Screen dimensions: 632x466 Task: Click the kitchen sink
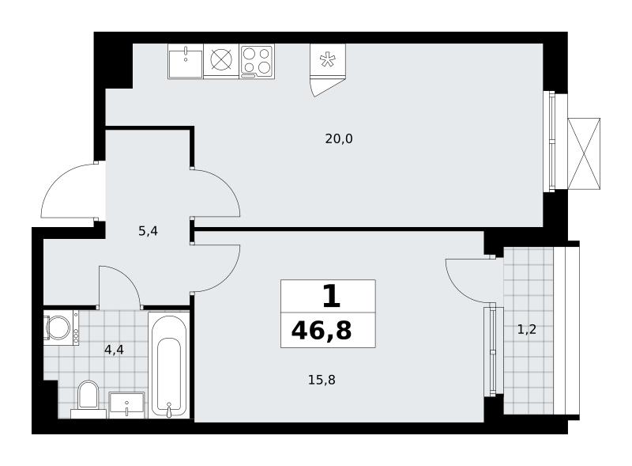(186, 62)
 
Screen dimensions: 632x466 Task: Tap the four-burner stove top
(257, 62)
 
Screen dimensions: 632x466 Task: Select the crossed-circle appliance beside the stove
(221, 62)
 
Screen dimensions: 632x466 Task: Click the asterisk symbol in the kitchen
(327, 60)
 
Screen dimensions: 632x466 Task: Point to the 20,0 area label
(339, 139)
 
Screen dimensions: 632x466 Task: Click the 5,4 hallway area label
(148, 231)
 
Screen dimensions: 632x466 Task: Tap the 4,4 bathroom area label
(114, 350)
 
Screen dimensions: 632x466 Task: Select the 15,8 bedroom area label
(322, 380)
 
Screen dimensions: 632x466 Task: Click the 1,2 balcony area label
(527, 330)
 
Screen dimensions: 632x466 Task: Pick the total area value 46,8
(322, 331)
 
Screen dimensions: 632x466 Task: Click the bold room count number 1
(331, 296)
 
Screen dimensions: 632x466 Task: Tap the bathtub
(169, 365)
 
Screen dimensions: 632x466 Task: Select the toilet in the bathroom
(88, 397)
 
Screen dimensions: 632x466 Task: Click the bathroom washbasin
(126, 405)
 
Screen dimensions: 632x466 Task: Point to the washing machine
(62, 328)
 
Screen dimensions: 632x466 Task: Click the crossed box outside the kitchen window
(584, 153)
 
